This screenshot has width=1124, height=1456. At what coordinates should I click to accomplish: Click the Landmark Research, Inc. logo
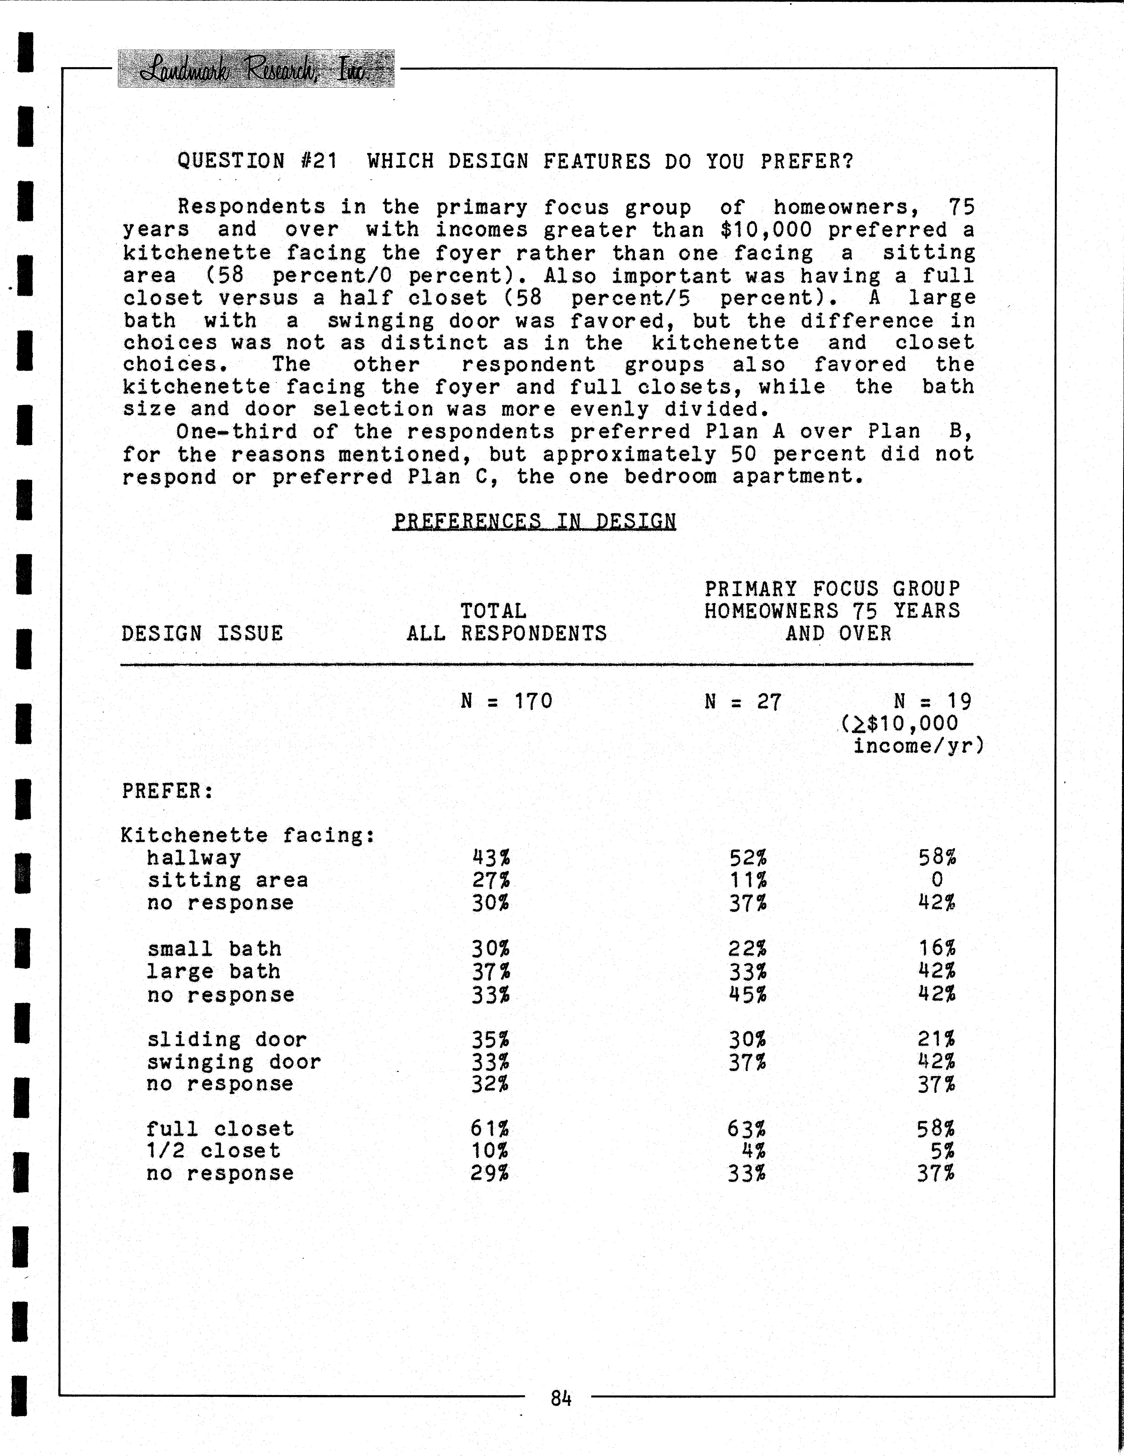point(256,69)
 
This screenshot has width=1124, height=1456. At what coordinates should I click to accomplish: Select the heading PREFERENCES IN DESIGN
point(534,521)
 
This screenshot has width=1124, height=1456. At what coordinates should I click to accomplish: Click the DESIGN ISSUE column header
point(202,633)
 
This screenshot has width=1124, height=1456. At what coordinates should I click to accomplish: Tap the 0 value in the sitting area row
point(937,880)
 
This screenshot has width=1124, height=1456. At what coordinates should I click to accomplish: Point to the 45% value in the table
point(747,994)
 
